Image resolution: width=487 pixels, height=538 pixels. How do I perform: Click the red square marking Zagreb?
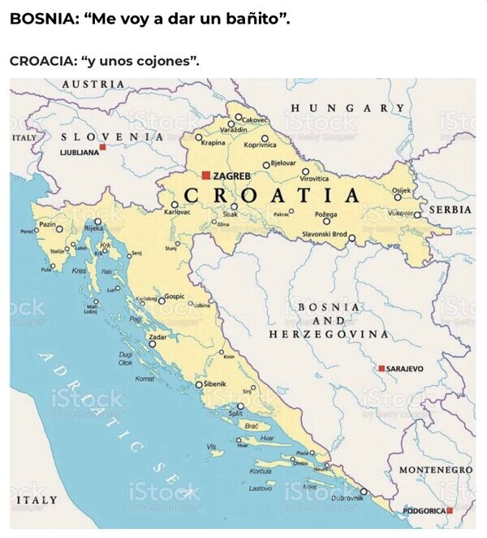[206, 175]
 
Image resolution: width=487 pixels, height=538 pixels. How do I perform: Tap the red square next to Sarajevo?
[381, 368]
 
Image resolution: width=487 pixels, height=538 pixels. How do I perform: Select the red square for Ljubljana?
[102, 147]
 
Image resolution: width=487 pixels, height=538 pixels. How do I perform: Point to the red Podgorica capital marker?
[449, 510]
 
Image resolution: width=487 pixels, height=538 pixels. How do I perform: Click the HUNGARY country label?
[347, 108]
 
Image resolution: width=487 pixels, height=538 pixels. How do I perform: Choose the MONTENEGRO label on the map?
[435, 470]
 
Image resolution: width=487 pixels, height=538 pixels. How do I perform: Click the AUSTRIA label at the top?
[93, 84]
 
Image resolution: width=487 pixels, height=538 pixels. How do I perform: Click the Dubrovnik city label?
[347, 497]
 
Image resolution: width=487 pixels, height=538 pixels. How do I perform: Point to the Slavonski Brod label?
[324, 234]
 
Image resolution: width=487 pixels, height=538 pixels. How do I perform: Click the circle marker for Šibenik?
[199, 384]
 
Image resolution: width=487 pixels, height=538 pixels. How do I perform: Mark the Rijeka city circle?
[98, 221]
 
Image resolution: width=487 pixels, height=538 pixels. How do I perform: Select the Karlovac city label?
[177, 212]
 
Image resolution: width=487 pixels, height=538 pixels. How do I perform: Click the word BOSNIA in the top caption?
[38, 18]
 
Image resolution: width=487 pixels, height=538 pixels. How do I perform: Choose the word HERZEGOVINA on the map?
[329, 334]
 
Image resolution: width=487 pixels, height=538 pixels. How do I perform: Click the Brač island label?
[251, 426]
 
